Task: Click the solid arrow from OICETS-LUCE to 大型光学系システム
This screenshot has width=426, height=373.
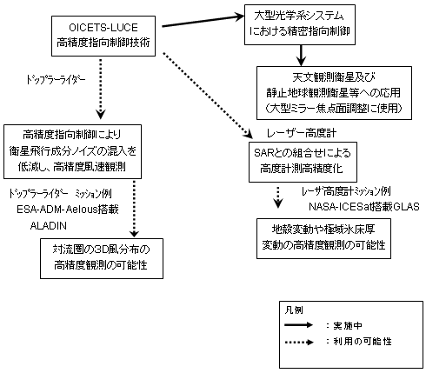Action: [203, 21]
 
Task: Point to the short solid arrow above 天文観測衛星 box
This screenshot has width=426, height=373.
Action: [302, 56]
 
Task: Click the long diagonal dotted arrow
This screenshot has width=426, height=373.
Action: [208, 95]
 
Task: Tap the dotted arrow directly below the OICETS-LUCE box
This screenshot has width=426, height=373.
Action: [101, 89]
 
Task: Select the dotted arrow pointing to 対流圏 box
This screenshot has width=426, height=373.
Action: [134, 209]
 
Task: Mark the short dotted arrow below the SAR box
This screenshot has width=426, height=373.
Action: [278, 197]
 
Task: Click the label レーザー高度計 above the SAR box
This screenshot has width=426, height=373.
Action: [302, 133]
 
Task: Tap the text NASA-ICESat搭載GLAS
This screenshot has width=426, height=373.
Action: [364, 207]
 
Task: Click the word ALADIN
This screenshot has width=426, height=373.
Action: [49, 226]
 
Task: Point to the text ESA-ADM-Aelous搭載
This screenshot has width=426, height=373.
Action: [68, 210]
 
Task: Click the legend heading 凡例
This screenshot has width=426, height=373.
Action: [294, 310]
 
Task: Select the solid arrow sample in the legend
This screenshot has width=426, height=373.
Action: [299, 325]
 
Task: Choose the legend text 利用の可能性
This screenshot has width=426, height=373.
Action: [363, 342]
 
